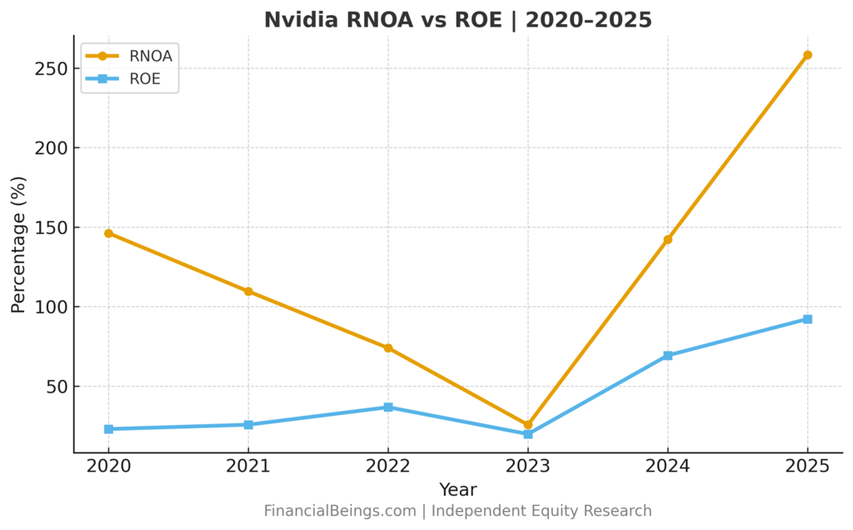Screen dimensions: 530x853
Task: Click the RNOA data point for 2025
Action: tap(807, 55)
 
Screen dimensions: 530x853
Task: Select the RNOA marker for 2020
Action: tap(109, 233)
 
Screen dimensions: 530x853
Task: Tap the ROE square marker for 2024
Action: tap(668, 356)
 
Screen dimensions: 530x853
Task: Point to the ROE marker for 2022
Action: tap(388, 407)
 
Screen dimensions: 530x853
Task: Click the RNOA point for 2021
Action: tap(248, 292)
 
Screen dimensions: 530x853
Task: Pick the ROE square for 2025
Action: tap(807, 319)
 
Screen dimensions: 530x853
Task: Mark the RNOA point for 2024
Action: tap(668, 239)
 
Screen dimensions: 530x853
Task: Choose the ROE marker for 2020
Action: tap(109, 429)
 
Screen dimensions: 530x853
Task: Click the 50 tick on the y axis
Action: tap(56, 387)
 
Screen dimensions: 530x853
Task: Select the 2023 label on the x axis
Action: tap(528, 467)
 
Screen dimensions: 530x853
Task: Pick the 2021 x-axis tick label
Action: tap(248, 467)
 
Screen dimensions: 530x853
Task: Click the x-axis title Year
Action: tap(457, 490)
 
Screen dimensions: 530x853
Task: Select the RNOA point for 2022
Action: tap(388, 347)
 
